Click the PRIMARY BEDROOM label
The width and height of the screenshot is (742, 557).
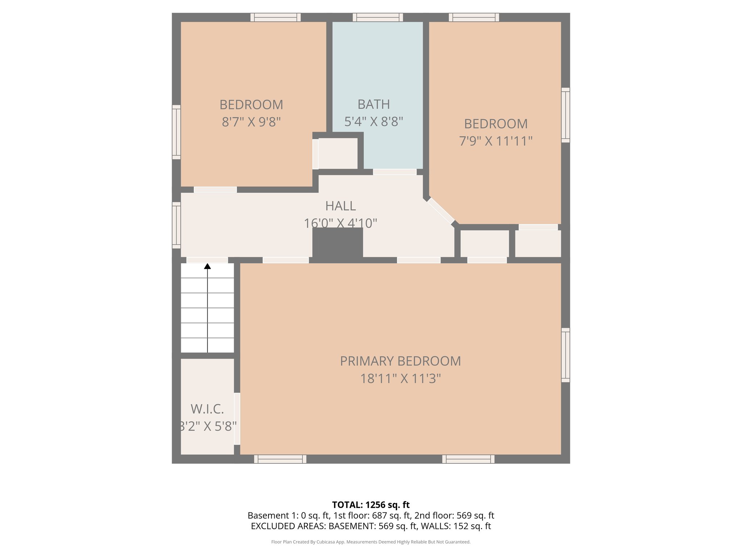(x=400, y=361)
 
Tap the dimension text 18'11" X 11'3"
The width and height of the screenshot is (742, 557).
(x=400, y=379)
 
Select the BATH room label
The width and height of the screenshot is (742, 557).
(x=374, y=104)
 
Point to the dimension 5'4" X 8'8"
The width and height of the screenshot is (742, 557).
(x=374, y=121)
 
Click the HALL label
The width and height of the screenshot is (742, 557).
(x=340, y=206)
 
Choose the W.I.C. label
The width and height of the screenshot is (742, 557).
(x=207, y=409)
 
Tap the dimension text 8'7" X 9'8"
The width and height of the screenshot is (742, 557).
(x=251, y=122)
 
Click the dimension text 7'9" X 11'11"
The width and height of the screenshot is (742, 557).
(x=495, y=141)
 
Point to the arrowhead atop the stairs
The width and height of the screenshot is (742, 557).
(x=207, y=266)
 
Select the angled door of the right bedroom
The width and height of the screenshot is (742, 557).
(x=441, y=211)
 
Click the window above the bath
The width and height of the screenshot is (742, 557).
(x=378, y=17)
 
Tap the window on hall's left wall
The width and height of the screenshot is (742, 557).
(x=176, y=225)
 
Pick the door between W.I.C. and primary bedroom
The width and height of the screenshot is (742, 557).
(x=237, y=418)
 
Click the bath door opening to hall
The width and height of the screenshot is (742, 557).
(x=395, y=172)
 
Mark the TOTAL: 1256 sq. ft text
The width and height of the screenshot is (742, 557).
(x=371, y=505)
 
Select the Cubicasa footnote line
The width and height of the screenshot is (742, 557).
(x=371, y=542)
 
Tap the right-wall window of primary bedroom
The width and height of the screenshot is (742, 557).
(x=565, y=355)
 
